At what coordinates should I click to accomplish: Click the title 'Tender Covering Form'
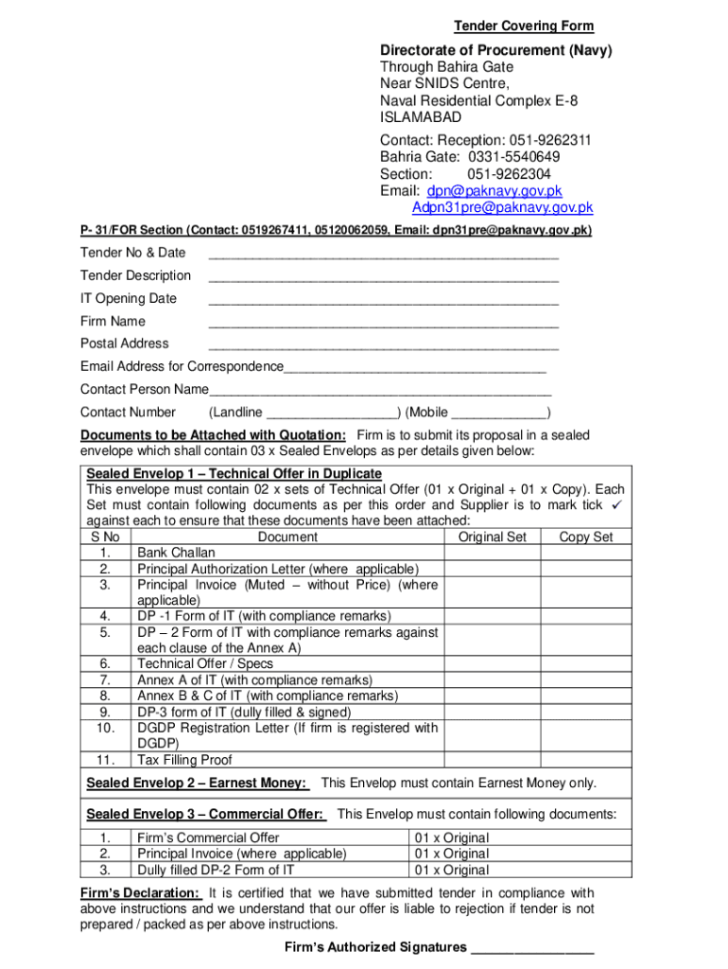[523, 26]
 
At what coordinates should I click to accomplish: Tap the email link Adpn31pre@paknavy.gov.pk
[502, 207]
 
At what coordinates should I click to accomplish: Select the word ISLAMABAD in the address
[421, 117]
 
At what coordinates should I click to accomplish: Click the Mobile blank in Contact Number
[499, 414]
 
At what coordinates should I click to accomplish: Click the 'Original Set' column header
[492, 537]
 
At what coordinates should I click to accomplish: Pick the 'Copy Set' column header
[585, 537]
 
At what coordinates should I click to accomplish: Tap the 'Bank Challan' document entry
[176, 553]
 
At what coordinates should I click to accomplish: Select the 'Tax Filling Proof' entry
[184, 760]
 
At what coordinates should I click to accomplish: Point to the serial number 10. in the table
[105, 728]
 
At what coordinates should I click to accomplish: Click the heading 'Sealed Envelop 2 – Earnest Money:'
[196, 784]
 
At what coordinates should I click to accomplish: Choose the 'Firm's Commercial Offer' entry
[208, 837]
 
